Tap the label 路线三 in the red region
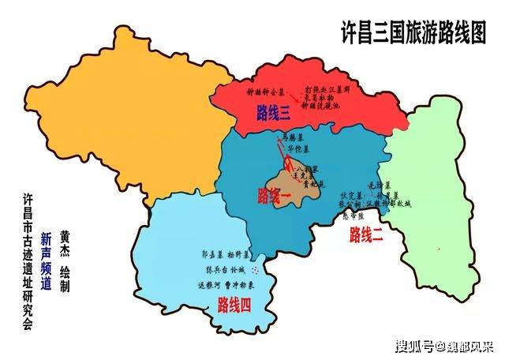(274, 113)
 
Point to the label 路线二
(367, 233)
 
